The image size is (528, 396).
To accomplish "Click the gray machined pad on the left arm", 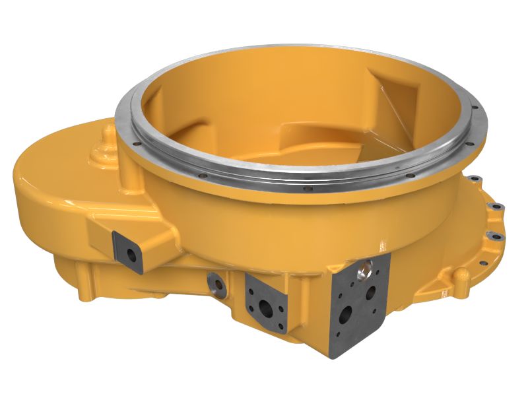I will click(128, 251).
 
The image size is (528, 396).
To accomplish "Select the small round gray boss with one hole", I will click(216, 284).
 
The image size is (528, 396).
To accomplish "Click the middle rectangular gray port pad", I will click(267, 304).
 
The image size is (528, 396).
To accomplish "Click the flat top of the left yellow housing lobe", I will click(59, 165).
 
